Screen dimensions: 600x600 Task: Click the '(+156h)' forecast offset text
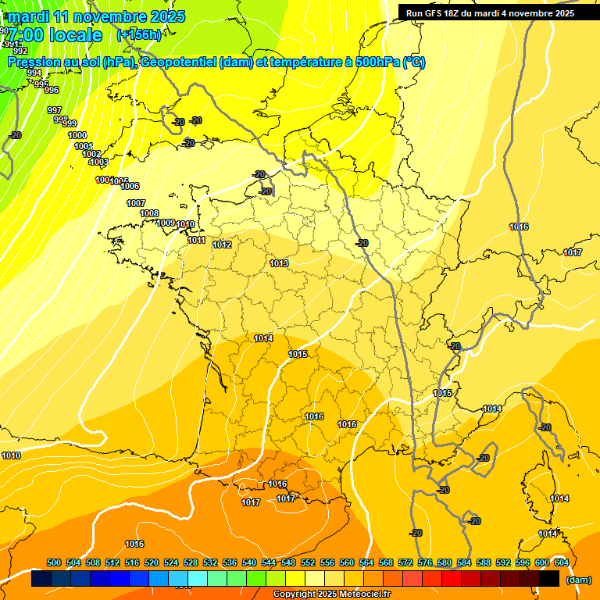click(139, 34)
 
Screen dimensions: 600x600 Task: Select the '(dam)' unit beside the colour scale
click(578, 580)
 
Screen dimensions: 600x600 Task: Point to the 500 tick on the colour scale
click(54, 562)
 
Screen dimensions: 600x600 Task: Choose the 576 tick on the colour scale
click(425, 562)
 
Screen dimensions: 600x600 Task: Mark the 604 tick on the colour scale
click(561, 562)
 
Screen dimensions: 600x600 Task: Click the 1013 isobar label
click(279, 263)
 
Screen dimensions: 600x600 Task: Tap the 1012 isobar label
click(222, 245)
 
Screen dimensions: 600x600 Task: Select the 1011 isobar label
click(196, 240)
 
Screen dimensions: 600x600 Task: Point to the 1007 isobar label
click(136, 203)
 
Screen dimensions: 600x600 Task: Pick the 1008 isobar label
click(149, 213)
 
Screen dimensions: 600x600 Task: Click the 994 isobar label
click(34, 73)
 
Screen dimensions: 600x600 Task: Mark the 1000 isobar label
click(77, 135)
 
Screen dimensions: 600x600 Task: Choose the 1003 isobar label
click(98, 162)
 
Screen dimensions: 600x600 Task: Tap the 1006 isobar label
click(130, 186)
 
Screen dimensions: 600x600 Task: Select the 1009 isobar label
click(166, 223)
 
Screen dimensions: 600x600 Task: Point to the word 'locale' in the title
click(75, 35)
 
